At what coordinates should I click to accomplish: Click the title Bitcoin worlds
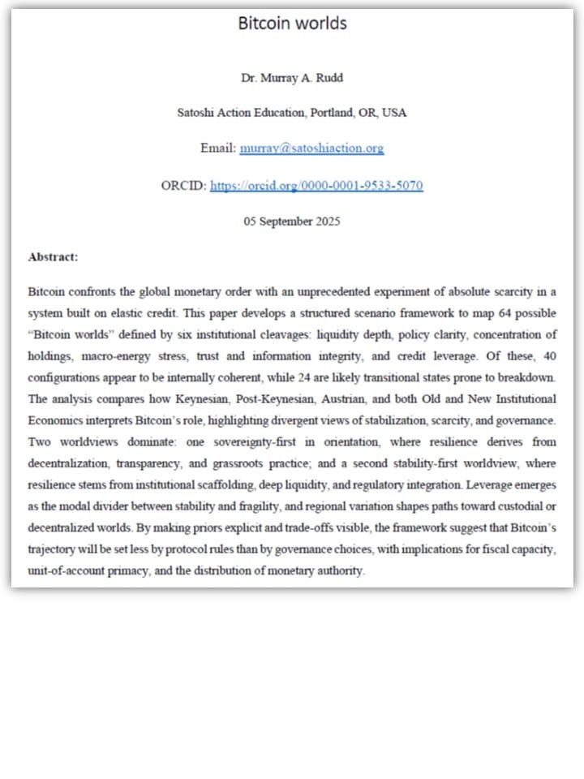pos(292,23)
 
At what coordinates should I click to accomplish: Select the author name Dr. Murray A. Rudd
pos(292,78)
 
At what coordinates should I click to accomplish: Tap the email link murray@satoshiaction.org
pos(311,148)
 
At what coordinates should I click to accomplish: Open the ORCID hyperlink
pos(316,186)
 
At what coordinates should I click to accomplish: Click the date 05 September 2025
pos(292,222)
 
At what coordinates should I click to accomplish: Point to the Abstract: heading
pos(53,257)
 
